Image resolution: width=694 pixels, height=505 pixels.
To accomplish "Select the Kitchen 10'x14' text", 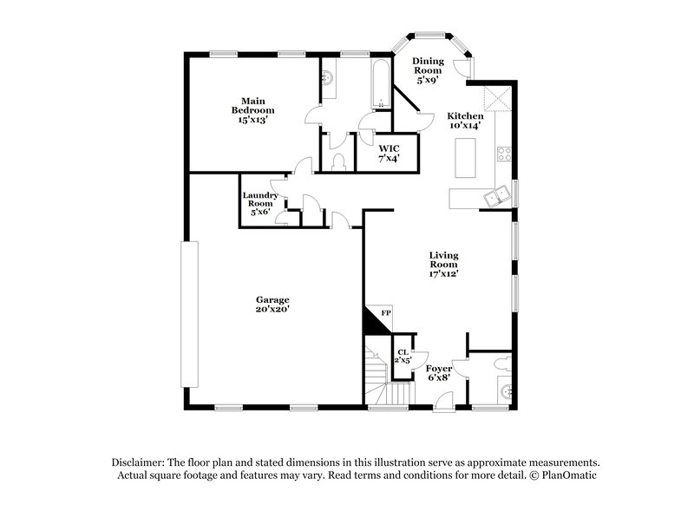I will click(x=466, y=121).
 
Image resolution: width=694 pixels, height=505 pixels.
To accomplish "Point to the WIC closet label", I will click(x=388, y=154).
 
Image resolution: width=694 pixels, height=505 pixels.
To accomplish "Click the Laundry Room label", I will click(x=259, y=203).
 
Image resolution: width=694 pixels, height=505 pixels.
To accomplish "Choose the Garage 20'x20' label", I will click(x=272, y=304).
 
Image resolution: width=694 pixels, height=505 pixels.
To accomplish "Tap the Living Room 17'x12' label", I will click(x=443, y=265).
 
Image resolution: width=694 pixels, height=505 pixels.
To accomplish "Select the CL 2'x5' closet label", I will click(x=403, y=356).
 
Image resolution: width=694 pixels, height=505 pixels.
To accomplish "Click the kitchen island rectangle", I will click(x=466, y=157).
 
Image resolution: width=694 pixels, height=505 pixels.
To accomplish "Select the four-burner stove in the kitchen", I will click(x=504, y=155).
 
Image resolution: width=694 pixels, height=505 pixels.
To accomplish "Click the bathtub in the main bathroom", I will click(x=382, y=84).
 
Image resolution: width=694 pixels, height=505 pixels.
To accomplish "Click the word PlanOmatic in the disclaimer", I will click(x=565, y=475).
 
